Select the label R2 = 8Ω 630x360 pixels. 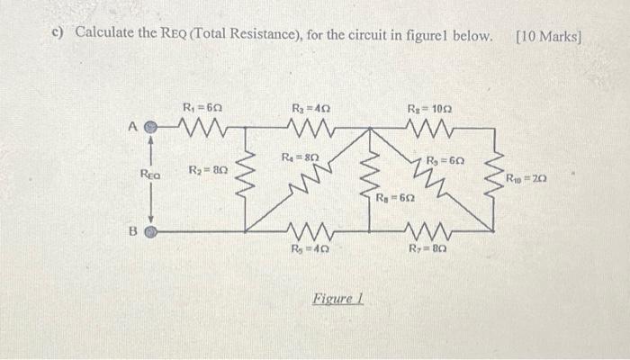(x=207, y=170)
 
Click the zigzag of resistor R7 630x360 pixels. (x=427, y=230)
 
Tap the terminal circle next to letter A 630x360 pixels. (x=151, y=129)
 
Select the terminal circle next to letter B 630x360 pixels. (x=151, y=231)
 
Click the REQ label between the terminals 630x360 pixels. (x=150, y=177)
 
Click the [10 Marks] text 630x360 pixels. (x=549, y=36)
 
